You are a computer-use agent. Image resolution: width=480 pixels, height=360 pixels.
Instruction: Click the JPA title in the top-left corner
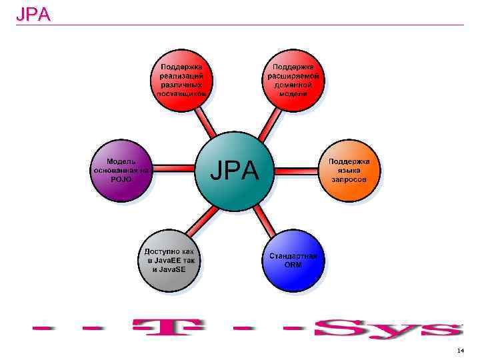click(x=33, y=14)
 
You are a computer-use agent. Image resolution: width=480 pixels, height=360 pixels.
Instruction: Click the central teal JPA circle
click(x=234, y=171)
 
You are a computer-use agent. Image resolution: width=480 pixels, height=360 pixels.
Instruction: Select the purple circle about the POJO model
click(x=121, y=171)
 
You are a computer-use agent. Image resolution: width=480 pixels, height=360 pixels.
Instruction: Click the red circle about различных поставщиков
click(x=182, y=80)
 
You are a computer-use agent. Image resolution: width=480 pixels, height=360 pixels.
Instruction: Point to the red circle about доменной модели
click(x=293, y=80)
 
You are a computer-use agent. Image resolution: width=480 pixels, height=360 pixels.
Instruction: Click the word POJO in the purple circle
click(x=121, y=179)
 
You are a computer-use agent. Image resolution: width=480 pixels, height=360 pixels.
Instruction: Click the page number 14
click(x=460, y=350)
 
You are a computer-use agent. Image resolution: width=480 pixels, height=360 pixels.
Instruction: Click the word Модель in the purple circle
click(x=121, y=161)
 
